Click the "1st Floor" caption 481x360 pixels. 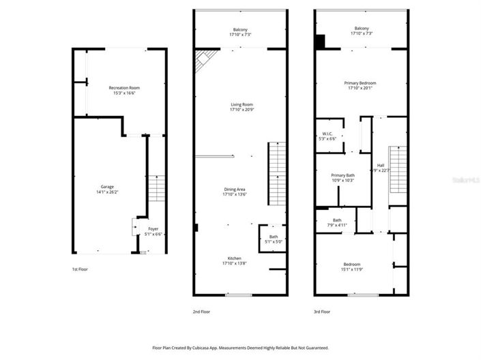click(x=80, y=270)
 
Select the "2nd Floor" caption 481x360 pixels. click(x=201, y=312)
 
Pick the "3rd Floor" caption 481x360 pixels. click(x=322, y=312)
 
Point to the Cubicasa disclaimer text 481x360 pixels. click(x=240, y=348)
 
